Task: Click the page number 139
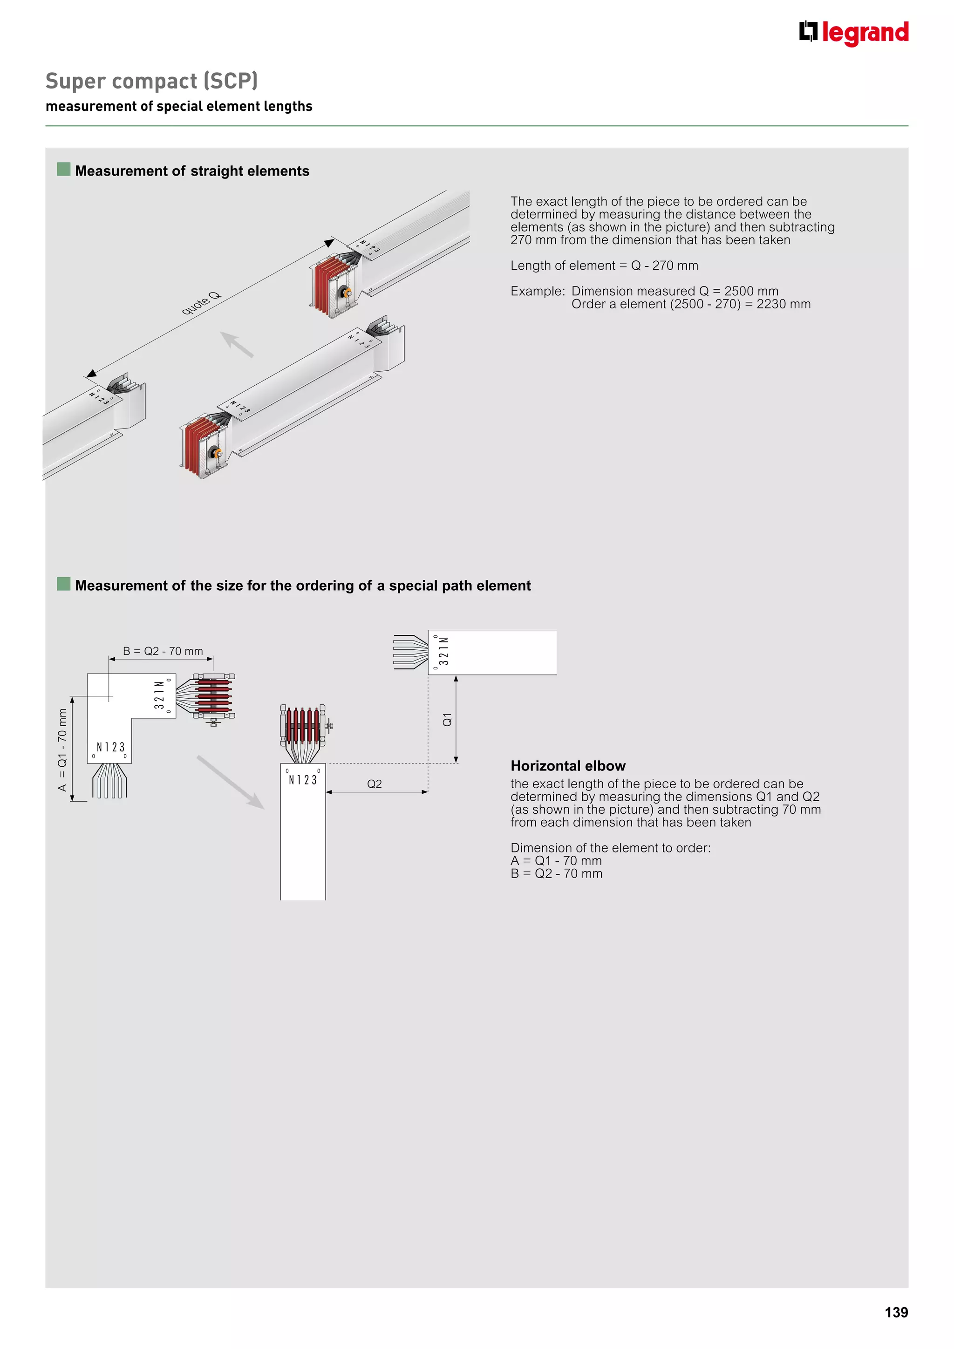coord(896,1312)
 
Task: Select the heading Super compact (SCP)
coord(151,81)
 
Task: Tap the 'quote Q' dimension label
coord(201,303)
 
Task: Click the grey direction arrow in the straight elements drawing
coord(236,344)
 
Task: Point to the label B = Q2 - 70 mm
coord(163,651)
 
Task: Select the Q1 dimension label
coord(447,719)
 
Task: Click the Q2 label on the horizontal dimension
coord(374,784)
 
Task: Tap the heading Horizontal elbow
coord(567,766)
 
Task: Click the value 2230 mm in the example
coord(783,304)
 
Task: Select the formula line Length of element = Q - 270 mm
coord(604,266)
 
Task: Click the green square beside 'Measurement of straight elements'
coord(63,170)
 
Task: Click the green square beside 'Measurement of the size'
coord(63,584)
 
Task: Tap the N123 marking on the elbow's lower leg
coord(110,747)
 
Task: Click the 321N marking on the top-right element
coord(444,651)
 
